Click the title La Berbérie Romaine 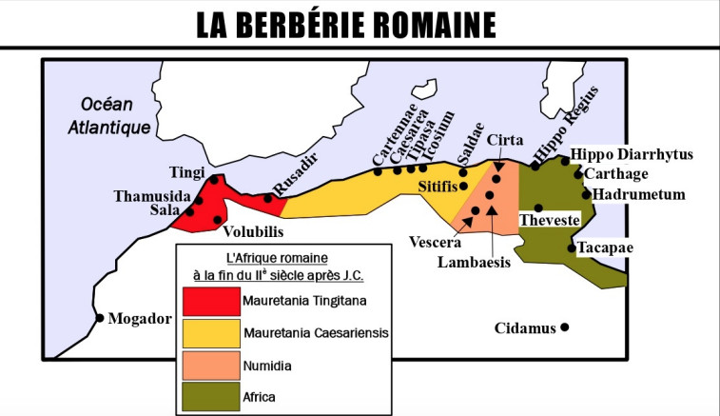click(360, 24)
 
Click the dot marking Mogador click(100, 318)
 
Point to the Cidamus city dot click(565, 328)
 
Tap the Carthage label click(616, 173)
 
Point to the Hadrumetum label click(632, 194)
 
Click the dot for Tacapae click(572, 248)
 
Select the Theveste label click(549, 221)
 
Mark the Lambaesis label click(474, 261)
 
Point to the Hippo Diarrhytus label click(632, 154)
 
